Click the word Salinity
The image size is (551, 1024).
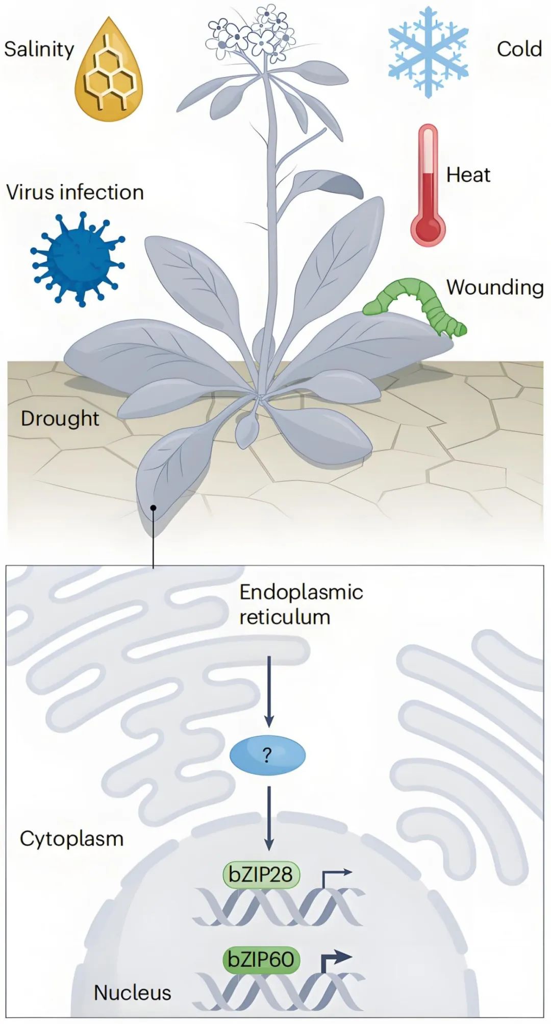[x=39, y=49]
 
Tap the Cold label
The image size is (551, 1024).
[x=519, y=49]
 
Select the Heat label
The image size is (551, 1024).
[x=468, y=175]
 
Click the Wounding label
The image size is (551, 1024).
[x=495, y=287]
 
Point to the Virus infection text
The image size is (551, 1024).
[x=75, y=192]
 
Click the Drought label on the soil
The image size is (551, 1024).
[x=60, y=418]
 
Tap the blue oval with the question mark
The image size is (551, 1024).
[x=267, y=755]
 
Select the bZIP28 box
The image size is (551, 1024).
[x=261, y=875]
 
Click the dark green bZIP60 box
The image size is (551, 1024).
[x=261, y=960]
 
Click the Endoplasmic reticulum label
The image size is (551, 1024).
[x=301, y=604]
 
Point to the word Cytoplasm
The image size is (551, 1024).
[x=71, y=839]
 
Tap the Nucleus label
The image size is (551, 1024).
[x=132, y=992]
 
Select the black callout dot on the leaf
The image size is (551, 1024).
[x=153, y=507]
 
